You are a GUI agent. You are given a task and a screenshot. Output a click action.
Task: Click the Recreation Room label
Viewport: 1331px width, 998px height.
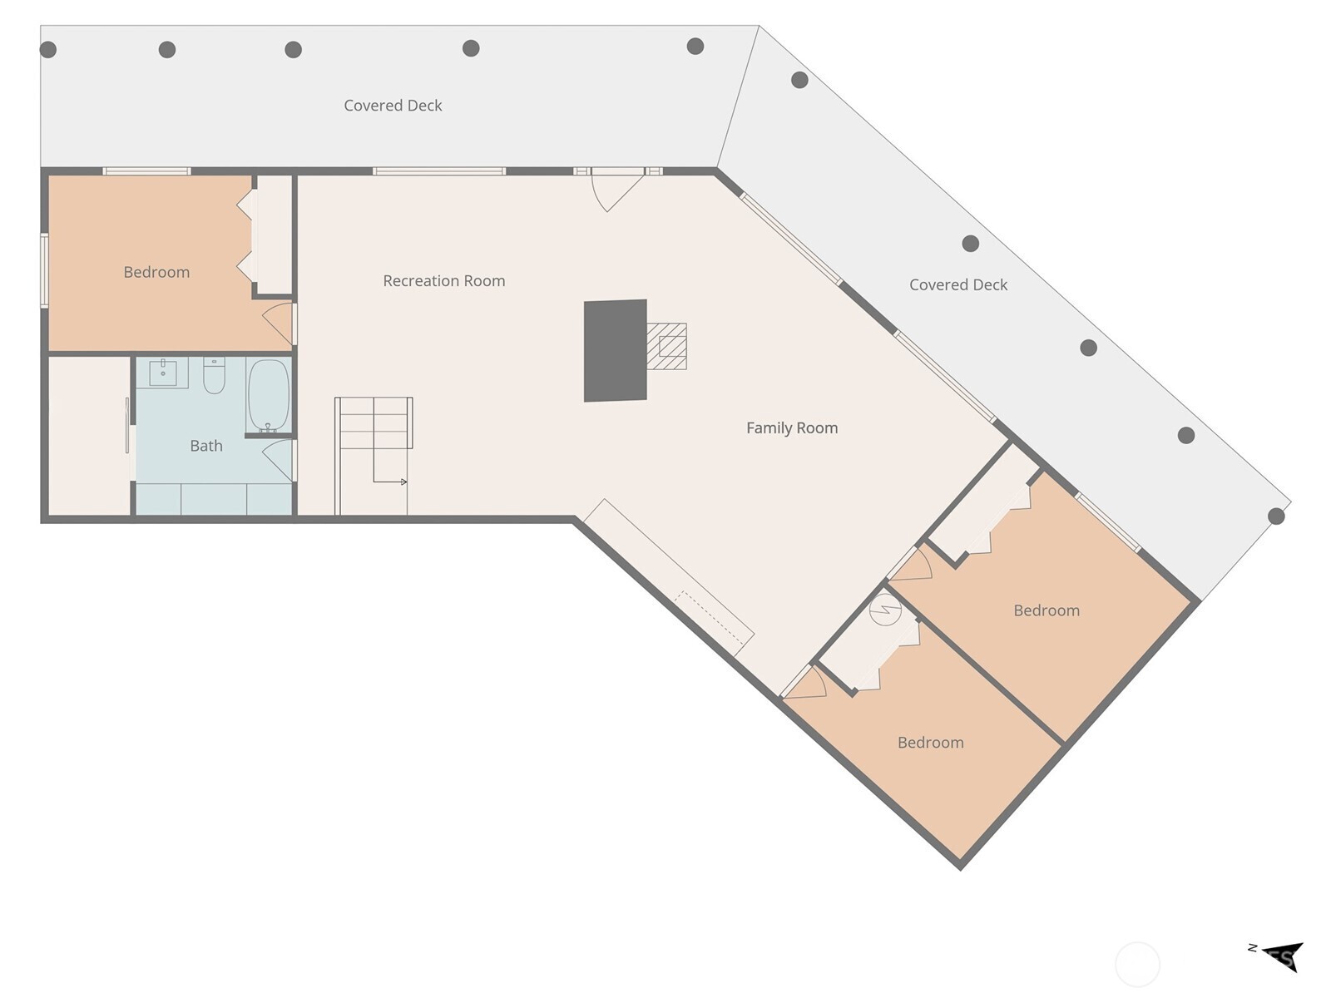[x=443, y=281]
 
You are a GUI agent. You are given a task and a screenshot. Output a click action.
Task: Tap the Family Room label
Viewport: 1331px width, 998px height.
[x=791, y=428]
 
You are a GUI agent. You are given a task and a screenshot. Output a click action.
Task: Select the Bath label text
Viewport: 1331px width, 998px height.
[x=206, y=446]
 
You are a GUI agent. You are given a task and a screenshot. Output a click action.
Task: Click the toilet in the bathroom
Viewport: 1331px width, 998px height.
[x=214, y=376]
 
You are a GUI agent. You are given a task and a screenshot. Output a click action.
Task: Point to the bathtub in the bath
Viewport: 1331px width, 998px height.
[x=268, y=395]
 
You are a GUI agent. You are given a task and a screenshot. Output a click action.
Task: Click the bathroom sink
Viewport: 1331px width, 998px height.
[x=163, y=373]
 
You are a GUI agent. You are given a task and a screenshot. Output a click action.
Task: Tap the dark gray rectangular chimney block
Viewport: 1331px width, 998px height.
[x=616, y=351]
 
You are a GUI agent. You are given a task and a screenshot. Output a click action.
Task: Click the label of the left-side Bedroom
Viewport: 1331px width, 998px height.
[x=156, y=272]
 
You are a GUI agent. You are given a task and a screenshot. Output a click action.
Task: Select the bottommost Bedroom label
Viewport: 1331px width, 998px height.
[x=930, y=743]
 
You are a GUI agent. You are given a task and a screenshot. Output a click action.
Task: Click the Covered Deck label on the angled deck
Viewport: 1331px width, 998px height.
[x=958, y=284]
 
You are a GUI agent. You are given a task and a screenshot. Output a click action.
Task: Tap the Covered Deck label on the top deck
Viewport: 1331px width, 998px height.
[x=393, y=106]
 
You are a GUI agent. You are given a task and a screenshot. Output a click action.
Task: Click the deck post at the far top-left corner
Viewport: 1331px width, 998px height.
[x=48, y=50]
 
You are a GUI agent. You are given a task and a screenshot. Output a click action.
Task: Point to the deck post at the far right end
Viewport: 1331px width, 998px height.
[x=1276, y=516]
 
